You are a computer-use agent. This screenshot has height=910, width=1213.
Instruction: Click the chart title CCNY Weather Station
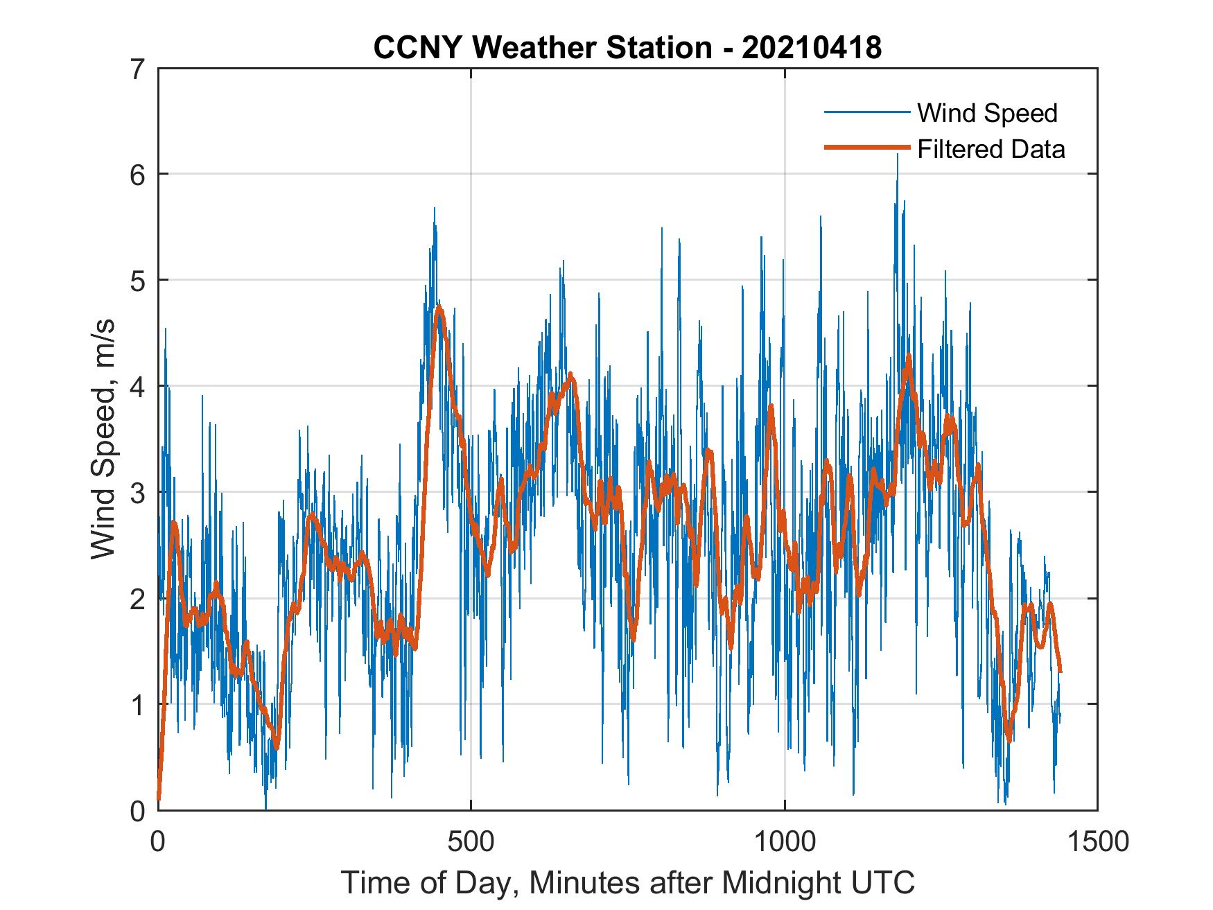click(542, 48)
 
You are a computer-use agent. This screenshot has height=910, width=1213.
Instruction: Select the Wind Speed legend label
click(987, 113)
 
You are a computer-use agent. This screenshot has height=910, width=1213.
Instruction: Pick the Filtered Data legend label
click(991, 149)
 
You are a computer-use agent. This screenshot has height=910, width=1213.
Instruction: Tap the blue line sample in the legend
click(866, 112)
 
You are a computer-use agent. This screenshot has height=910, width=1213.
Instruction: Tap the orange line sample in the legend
click(866, 148)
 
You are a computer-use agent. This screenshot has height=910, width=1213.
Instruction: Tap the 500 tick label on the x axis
click(471, 841)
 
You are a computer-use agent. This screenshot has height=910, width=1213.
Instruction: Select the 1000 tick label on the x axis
click(785, 841)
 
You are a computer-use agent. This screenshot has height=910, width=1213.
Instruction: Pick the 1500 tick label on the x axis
click(1097, 841)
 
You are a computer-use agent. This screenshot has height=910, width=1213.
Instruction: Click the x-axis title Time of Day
click(627, 883)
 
